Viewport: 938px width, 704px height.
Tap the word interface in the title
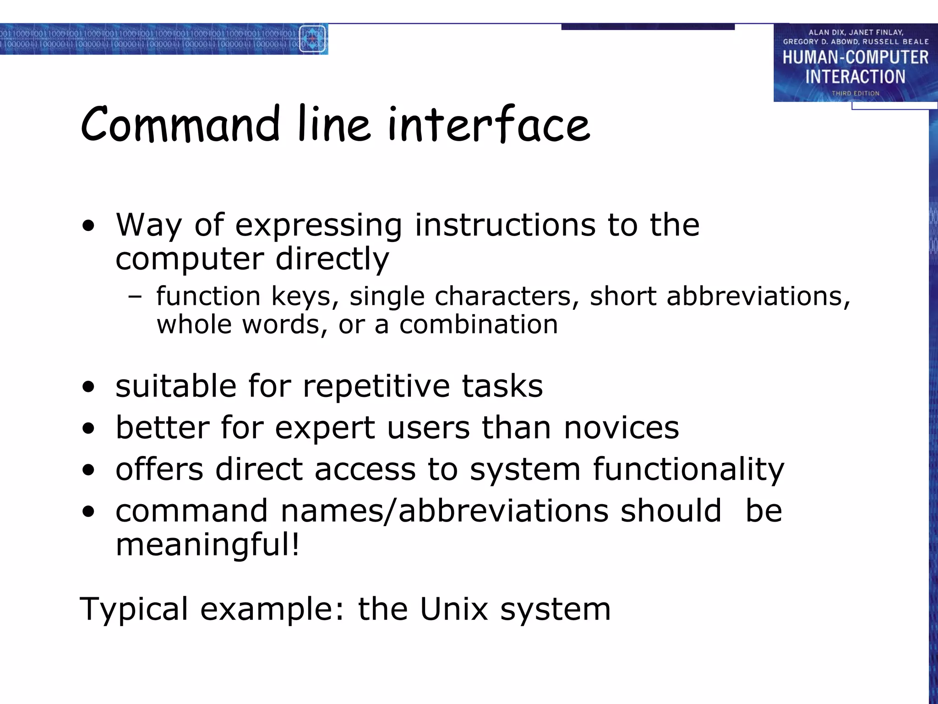[489, 124]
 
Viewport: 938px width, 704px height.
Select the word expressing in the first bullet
[318, 226]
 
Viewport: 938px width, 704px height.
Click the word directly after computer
[332, 259]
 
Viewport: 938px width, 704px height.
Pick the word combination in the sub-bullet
[479, 325]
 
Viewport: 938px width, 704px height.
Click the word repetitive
[376, 386]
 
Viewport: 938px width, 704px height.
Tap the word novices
[622, 428]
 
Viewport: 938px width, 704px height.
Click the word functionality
[688, 470]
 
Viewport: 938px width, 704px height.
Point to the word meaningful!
[207, 545]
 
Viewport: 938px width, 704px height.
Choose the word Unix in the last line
[454, 610]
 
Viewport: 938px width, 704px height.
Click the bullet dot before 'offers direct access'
[88, 470]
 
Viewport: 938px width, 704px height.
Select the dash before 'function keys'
[135, 297]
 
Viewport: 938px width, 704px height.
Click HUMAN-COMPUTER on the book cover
[855, 58]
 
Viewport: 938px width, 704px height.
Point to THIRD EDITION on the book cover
[855, 93]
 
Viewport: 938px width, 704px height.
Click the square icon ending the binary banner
[312, 39]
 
